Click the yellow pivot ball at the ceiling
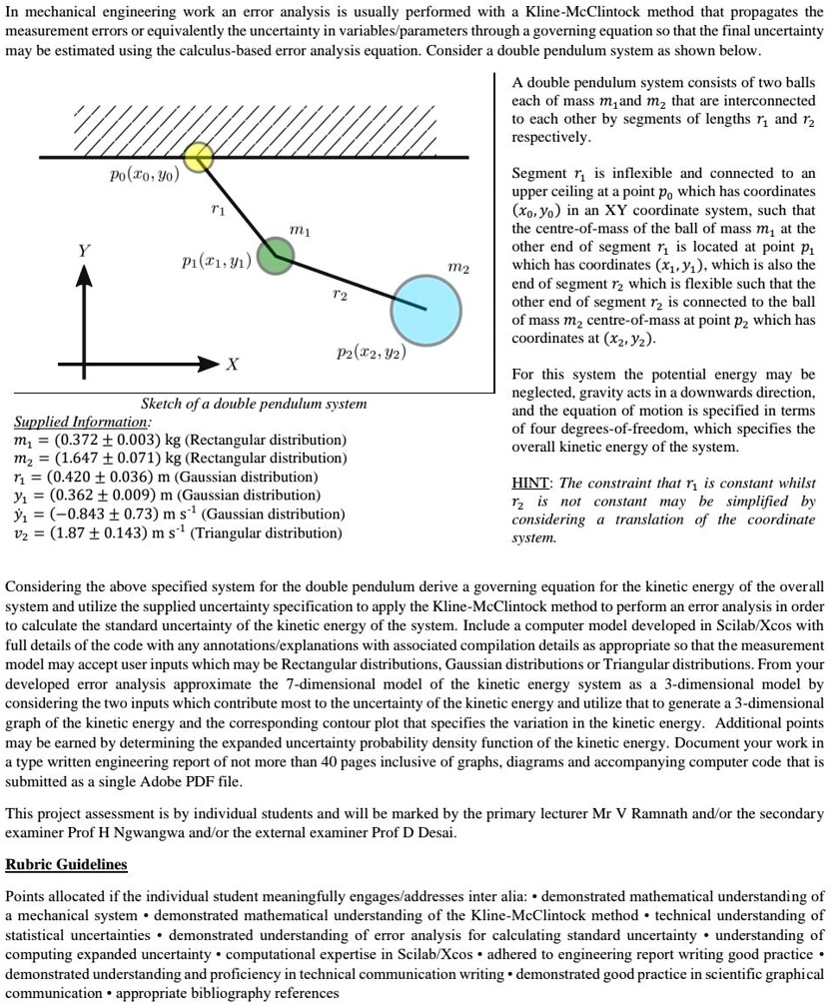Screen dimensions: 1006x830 (x=199, y=156)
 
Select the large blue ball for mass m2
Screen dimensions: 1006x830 (x=425, y=309)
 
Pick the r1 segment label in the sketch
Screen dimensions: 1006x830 (x=219, y=211)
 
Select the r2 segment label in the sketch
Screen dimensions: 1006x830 (x=339, y=296)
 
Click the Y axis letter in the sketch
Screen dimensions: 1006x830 (x=85, y=250)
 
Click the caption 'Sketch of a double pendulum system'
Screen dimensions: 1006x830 (x=254, y=405)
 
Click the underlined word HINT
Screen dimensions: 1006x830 (x=532, y=483)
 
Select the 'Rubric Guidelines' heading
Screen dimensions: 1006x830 (x=67, y=862)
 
